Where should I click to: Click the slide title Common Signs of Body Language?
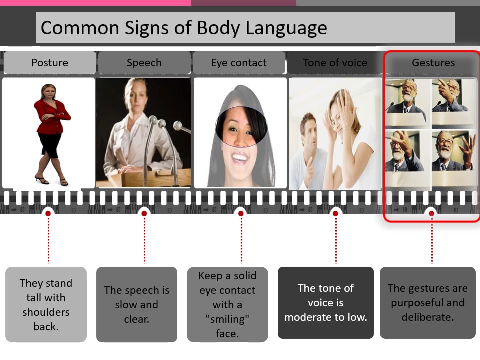[184, 27]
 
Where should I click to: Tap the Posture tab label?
[49, 63]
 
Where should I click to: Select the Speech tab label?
[144, 63]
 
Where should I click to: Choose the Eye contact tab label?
[239, 63]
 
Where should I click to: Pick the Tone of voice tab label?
[335, 63]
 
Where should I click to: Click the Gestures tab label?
[433, 63]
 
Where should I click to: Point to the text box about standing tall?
[46, 304]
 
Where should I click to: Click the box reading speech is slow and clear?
[136, 304]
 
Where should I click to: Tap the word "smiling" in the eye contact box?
[227, 319]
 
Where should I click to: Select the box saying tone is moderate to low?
[325, 302]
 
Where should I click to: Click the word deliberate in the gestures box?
[427, 317]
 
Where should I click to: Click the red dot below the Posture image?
[48, 213]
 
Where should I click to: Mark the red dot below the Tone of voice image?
[335, 213]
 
